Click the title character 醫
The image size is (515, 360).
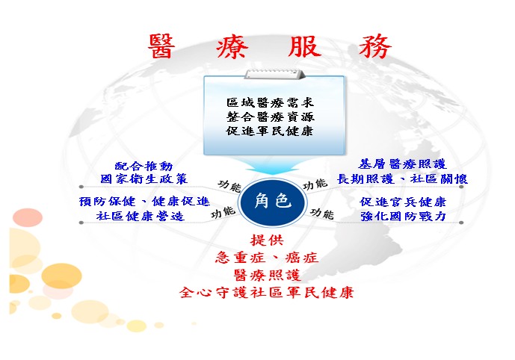tap(161, 46)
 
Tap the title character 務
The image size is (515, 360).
tap(375, 46)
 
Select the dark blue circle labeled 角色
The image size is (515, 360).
tap(273, 201)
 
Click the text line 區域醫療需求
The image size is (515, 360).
tap(271, 102)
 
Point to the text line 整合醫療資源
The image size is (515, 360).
tap(271, 117)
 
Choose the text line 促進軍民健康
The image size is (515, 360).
tap(270, 131)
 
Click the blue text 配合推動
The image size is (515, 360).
tap(144, 166)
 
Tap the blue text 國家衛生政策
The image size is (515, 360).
tap(144, 179)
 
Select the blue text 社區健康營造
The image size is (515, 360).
tap(141, 216)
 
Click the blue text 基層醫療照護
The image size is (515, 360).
tap(402, 164)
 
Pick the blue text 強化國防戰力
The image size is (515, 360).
tap(403, 217)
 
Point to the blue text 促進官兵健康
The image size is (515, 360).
tap(403, 202)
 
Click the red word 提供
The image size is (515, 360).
tap(267, 240)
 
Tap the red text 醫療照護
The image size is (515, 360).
tap(267, 275)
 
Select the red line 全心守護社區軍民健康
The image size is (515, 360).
tap(266, 292)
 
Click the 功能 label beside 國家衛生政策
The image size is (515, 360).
tap(229, 186)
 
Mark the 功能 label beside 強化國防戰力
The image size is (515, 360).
tap(323, 214)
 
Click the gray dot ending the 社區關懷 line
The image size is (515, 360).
tap(461, 187)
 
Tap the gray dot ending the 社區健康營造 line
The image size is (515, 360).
tap(81, 223)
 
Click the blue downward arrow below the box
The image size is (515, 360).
tap(274, 165)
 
